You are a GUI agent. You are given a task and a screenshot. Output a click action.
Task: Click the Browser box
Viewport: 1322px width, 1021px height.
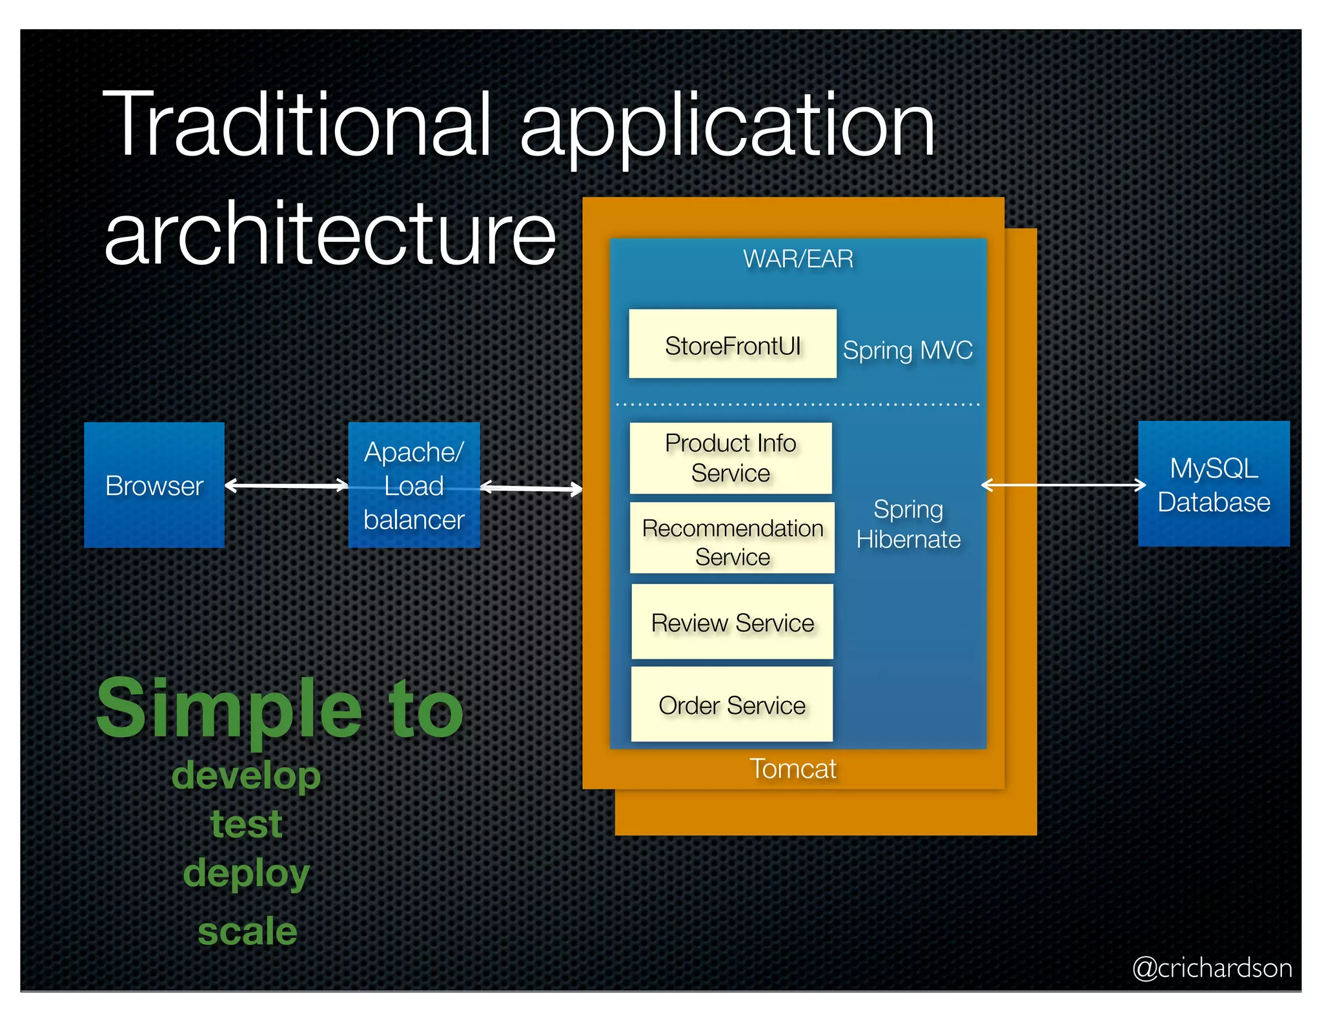154,485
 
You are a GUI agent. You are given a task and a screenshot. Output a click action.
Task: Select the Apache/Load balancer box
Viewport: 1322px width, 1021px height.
414,485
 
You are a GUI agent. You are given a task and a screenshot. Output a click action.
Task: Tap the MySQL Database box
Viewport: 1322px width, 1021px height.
1214,484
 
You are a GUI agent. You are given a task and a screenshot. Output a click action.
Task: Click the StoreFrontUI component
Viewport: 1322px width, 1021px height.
733,345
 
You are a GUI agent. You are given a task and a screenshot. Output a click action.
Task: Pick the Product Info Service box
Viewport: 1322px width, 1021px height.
731,458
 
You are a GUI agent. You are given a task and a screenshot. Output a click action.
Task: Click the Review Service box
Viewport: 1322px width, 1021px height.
732,622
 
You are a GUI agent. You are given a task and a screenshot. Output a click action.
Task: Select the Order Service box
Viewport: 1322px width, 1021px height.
732,705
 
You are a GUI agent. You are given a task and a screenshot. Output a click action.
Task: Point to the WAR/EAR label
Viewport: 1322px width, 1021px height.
798,259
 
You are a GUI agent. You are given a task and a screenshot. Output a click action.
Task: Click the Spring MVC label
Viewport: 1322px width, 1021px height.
908,350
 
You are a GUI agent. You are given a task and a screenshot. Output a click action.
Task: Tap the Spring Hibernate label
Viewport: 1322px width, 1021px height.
908,524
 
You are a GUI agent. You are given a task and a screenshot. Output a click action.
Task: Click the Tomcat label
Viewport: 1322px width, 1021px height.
793,769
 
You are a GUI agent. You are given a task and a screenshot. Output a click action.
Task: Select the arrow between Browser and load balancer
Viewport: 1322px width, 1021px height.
287,485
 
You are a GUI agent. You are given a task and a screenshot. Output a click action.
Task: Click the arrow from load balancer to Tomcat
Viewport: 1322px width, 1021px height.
531,488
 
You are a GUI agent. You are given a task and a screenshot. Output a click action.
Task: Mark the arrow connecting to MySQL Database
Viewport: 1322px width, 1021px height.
1063,485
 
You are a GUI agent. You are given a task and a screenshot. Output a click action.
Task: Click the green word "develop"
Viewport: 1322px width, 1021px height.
246,775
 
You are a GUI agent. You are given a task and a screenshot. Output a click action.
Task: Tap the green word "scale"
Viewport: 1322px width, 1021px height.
247,931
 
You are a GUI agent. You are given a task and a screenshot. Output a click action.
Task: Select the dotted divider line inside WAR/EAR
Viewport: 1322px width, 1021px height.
798,405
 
